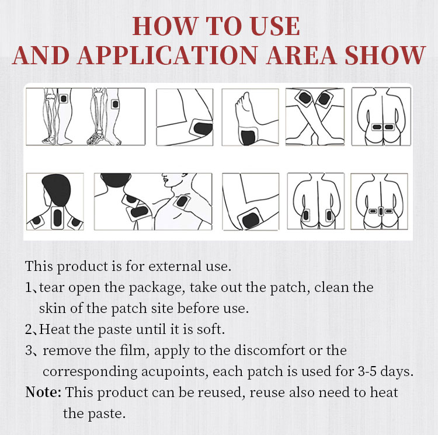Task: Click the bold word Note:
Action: tap(44, 392)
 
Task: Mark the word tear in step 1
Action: tap(53, 288)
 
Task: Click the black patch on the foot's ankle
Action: tap(248, 135)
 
